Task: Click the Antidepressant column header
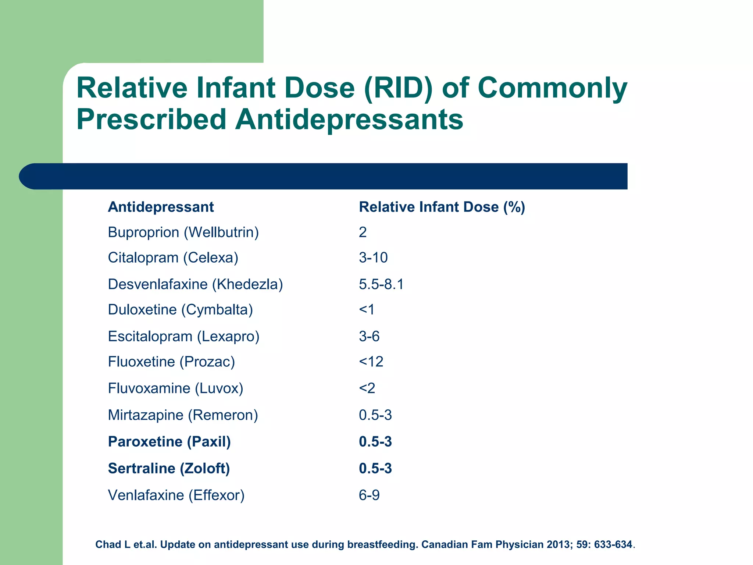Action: (x=161, y=207)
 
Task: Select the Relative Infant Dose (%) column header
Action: (x=442, y=207)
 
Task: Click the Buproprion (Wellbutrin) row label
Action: (x=183, y=232)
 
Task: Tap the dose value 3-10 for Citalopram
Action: (x=373, y=257)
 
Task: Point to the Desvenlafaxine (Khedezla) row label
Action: (x=195, y=284)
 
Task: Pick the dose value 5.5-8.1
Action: (x=381, y=284)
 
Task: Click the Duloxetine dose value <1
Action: (x=367, y=310)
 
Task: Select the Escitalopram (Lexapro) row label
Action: (x=183, y=337)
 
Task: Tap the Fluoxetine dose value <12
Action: (x=371, y=362)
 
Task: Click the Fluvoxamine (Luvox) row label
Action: (x=175, y=388)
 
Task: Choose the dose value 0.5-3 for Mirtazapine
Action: (x=375, y=415)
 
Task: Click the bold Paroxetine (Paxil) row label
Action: (x=169, y=442)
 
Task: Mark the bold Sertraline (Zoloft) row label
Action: (x=169, y=469)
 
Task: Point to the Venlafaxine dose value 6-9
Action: (x=369, y=495)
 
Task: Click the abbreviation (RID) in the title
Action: (x=398, y=88)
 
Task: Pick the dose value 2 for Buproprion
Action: (x=363, y=232)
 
